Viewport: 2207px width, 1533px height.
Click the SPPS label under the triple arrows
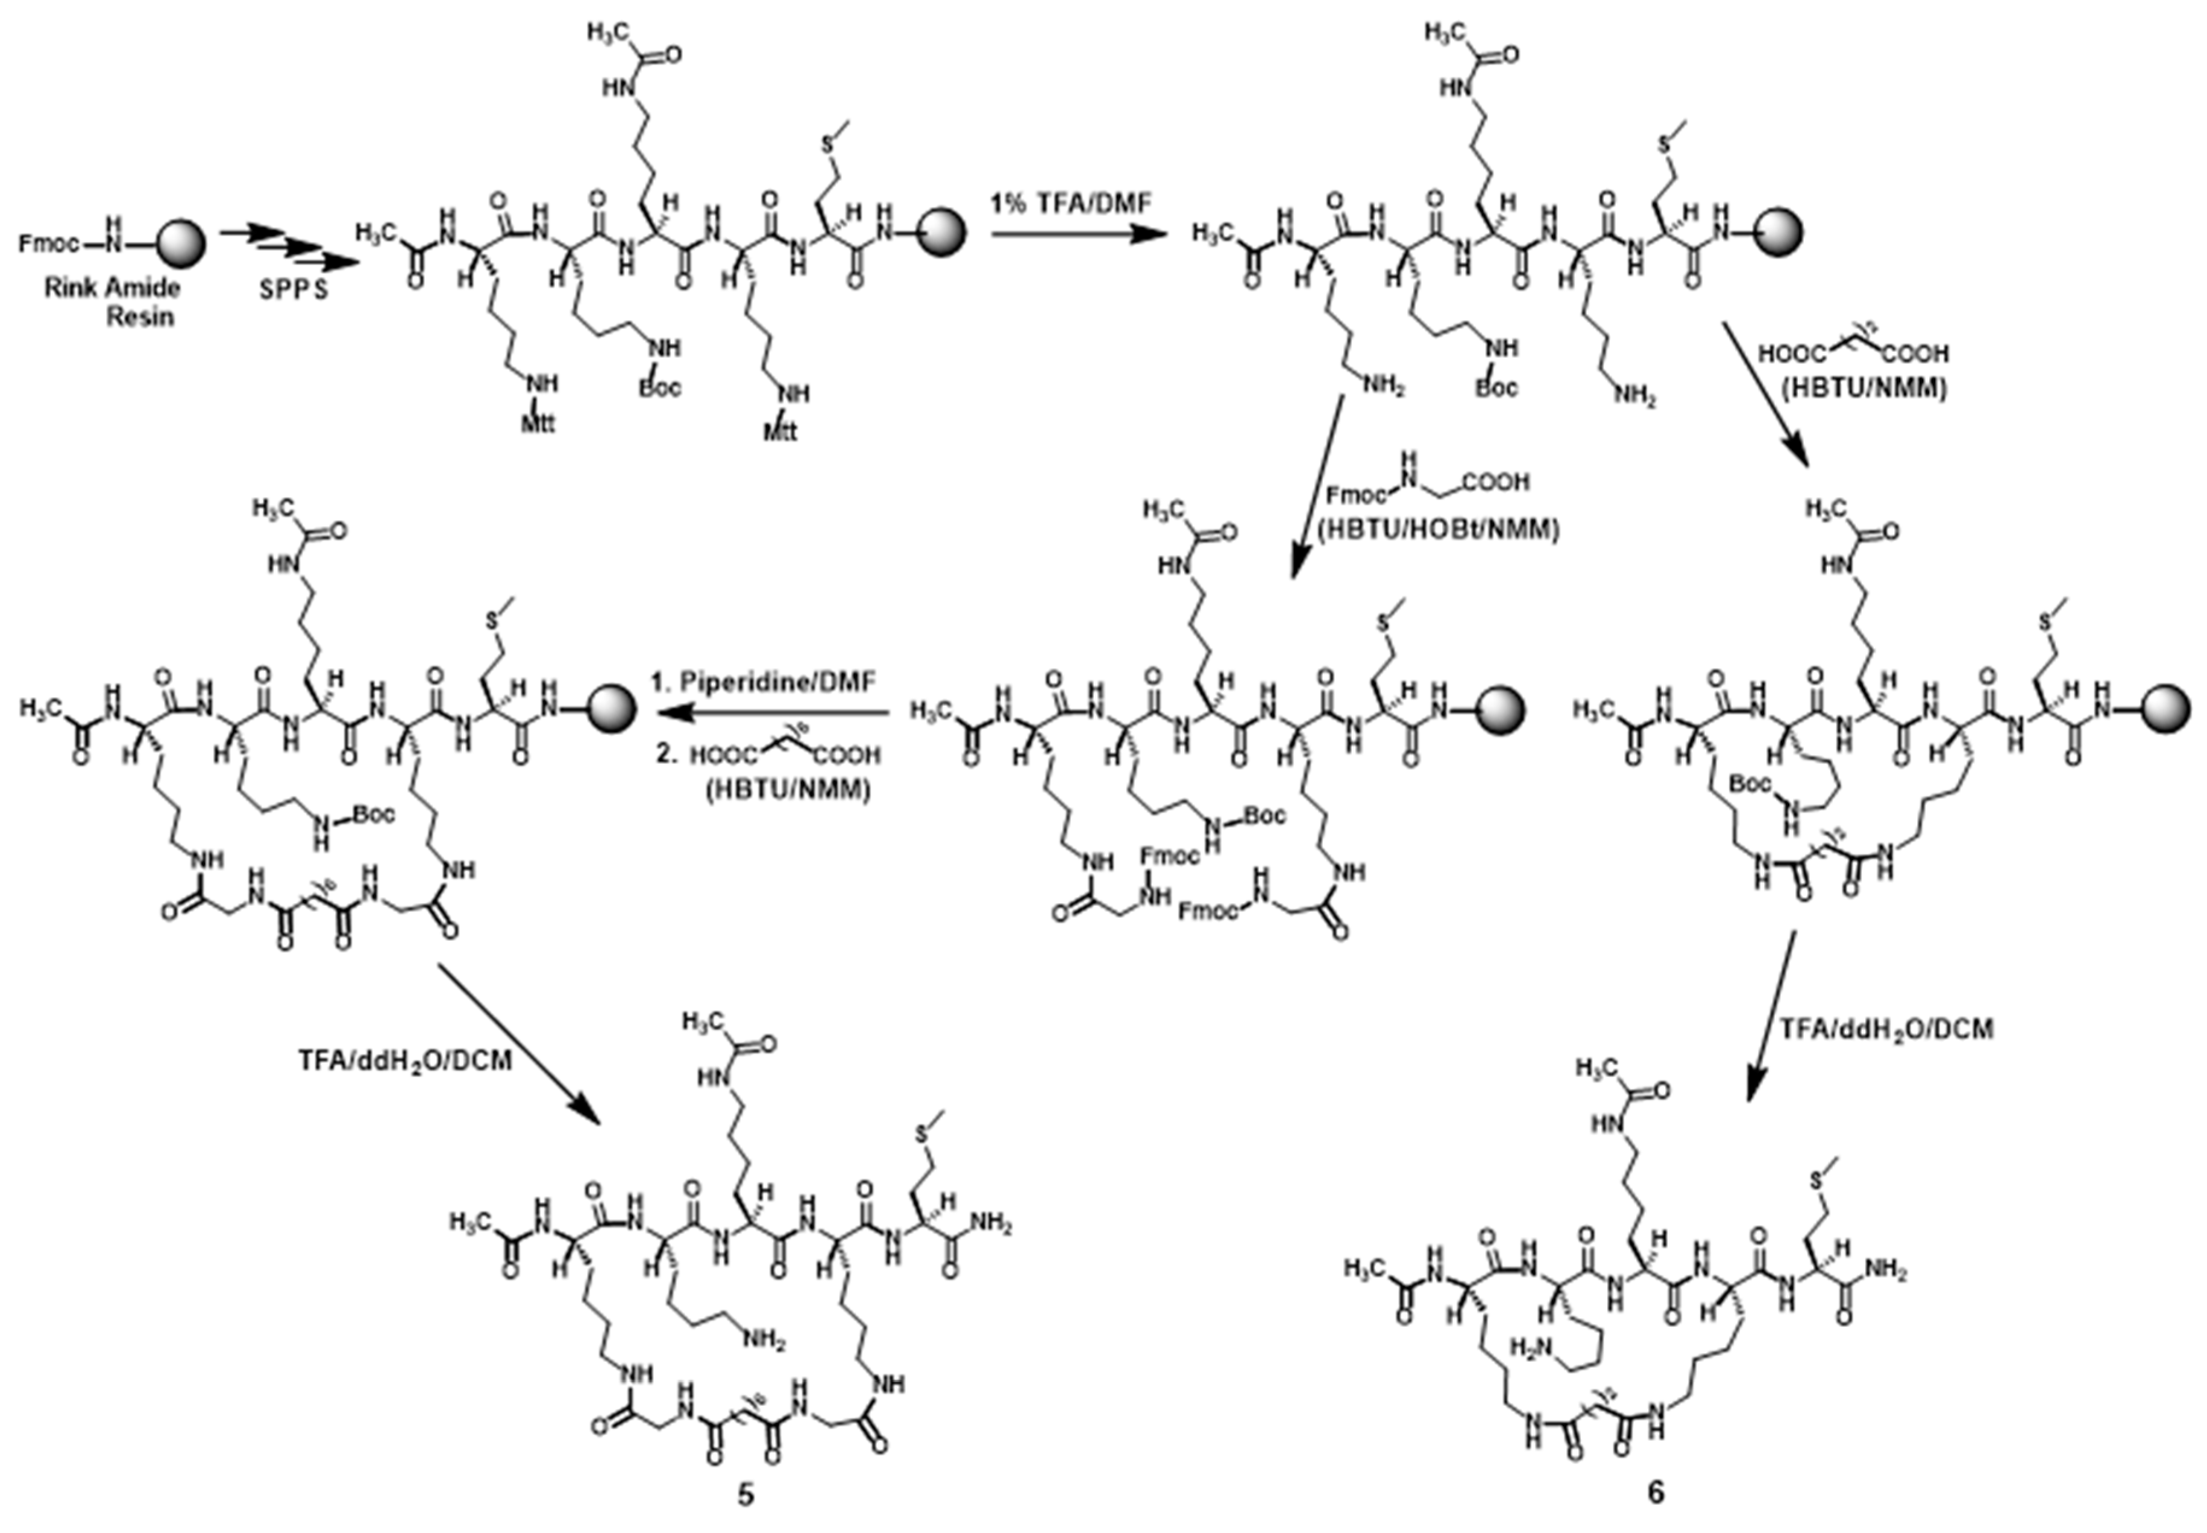pyautogui.click(x=293, y=289)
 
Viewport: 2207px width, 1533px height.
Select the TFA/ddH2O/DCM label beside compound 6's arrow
pyautogui.click(x=1885, y=1029)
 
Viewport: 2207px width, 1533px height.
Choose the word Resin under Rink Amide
pyautogui.click(x=140, y=315)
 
